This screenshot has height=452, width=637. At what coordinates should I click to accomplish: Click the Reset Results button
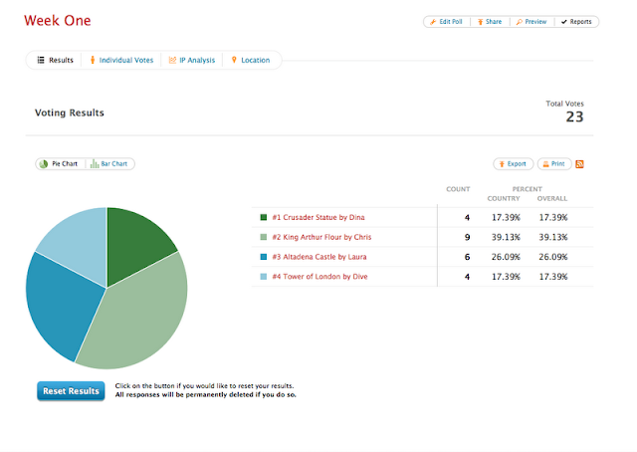pos(71,391)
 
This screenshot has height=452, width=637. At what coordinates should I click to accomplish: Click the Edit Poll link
pos(446,22)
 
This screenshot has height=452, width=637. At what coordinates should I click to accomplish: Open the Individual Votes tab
pos(121,60)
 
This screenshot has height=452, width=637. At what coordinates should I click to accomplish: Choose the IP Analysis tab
pos(192,60)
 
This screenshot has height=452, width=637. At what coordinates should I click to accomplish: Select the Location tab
pos(251,60)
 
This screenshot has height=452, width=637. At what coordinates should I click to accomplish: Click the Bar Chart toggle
pos(108,164)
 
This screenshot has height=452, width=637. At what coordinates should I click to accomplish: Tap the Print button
pos(554,164)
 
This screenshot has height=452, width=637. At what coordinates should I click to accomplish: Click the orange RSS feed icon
pos(579,164)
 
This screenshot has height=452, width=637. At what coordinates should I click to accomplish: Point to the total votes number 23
pos(574,117)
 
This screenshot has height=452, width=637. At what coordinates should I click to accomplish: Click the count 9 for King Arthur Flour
pos(467,237)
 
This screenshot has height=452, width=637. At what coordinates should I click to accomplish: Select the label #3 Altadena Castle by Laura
pos(319,257)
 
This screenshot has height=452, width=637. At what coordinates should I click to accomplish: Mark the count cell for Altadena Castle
pos(467,257)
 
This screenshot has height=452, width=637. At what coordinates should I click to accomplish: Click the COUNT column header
pos(458,189)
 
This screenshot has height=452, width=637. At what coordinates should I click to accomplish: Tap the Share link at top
pos(490,22)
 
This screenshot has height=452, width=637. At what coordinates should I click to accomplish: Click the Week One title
pos(58,20)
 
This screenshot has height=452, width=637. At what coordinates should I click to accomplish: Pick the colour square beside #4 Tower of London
pos(263,277)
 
